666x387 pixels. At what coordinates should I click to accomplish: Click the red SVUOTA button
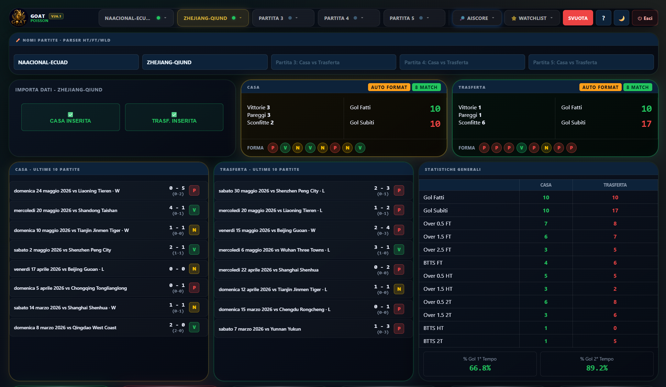pos(578,18)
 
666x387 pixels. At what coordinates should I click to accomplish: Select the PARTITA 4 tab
pos(348,18)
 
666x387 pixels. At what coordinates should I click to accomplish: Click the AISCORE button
pos(477,18)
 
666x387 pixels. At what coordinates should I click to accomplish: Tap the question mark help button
pos(603,18)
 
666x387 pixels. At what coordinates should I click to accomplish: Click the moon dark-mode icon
pos(622,18)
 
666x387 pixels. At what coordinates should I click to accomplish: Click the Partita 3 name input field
pos(333,62)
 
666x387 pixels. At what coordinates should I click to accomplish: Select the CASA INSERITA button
pos(70,117)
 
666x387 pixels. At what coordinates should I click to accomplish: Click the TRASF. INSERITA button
pos(174,117)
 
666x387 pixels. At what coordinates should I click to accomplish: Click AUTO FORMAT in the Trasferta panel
pos(600,87)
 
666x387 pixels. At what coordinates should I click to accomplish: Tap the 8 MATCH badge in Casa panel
pos(426,87)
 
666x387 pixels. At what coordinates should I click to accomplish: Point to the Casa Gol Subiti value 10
pos(435,124)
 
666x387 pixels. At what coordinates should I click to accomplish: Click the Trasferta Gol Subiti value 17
pos(646,124)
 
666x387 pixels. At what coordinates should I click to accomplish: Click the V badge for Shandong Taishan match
pos(194,210)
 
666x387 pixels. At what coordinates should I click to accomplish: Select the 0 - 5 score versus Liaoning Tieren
pos(177,188)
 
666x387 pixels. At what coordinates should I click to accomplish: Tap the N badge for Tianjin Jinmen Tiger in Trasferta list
pos(399,289)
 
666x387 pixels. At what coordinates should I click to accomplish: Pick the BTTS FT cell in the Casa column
pos(546,263)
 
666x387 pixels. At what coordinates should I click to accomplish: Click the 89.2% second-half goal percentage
pos(597,368)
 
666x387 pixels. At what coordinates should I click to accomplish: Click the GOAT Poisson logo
pos(19,18)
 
